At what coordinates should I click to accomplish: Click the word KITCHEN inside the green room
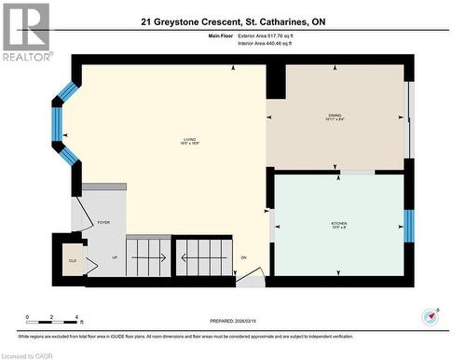point(340,225)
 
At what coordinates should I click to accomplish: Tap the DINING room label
point(335,117)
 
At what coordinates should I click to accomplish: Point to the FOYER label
point(103,224)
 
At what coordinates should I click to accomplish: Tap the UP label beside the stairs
point(115,258)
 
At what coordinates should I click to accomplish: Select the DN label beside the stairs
point(243,258)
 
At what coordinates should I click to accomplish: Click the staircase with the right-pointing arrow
point(148,253)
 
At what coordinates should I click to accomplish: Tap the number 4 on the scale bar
point(76,318)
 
